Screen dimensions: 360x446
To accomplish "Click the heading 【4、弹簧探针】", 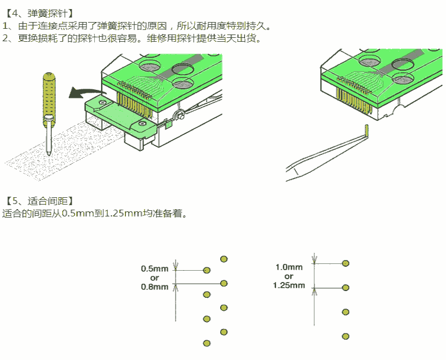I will [40, 12].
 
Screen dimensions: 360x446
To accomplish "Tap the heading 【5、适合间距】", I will [40, 201].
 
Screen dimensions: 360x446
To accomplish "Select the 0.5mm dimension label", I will [155, 269].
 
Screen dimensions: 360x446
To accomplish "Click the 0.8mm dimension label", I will [155, 287].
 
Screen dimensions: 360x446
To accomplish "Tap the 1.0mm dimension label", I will [289, 267].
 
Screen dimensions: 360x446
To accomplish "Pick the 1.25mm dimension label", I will [289, 285].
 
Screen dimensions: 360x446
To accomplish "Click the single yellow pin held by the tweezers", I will [366, 131].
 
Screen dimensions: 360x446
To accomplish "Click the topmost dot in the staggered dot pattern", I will [224, 259].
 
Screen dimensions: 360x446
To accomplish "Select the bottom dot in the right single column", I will [346, 336].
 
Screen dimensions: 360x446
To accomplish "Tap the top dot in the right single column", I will [346, 263].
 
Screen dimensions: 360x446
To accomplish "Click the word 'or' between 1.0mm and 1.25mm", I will [289, 276].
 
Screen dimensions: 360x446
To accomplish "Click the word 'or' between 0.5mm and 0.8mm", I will [155, 278].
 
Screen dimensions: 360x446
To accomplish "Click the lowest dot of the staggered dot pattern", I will [207, 343].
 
